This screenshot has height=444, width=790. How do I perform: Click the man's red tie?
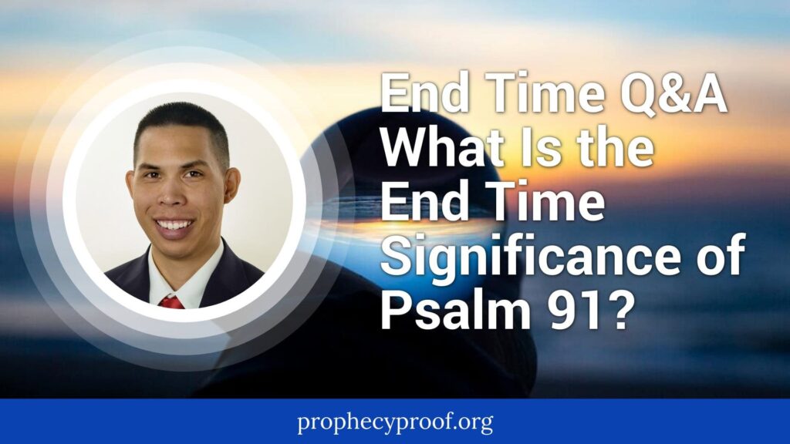pyautogui.click(x=171, y=302)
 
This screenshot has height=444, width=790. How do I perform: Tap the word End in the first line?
pyautogui.click(x=425, y=94)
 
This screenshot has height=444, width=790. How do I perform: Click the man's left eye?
pyautogui.click(x=194, y=174)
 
